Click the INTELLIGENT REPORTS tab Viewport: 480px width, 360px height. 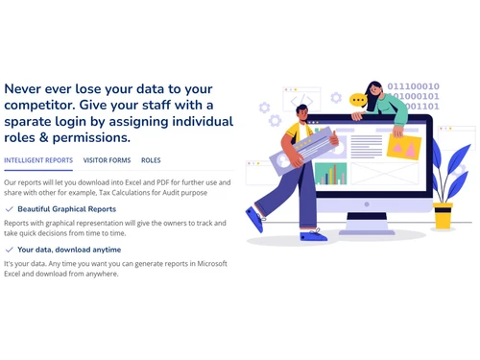coord(38,160)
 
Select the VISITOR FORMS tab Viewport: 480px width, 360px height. coord(107,160)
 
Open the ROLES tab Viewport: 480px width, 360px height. coord(151,160)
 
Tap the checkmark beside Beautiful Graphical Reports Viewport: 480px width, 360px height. coord(10,208)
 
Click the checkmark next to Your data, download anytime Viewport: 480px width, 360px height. coord(10,250)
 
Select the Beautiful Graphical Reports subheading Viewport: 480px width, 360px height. coord(67,208)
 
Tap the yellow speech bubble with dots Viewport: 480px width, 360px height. coord(358,99)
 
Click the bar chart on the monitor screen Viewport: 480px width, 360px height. coord(330,174)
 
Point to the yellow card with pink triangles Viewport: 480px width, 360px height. coord(405,145)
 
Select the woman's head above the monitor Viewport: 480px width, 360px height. coord(372,91)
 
